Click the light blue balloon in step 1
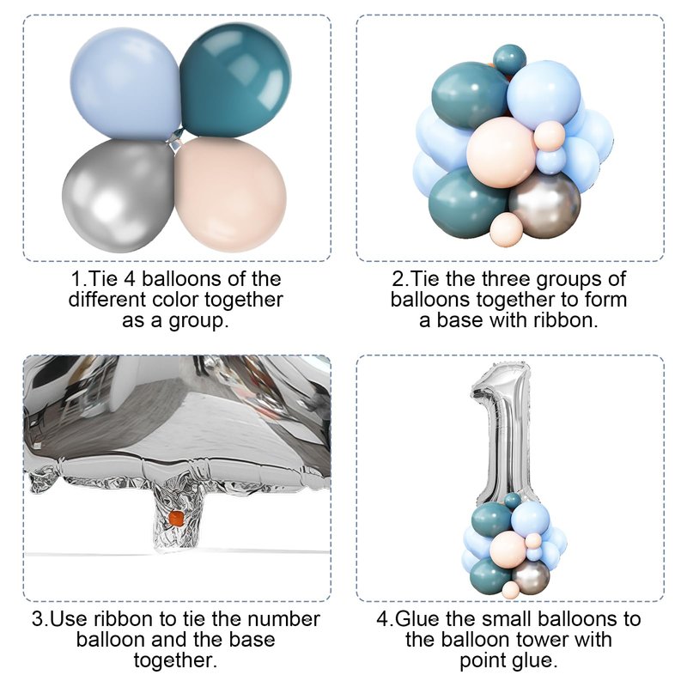coord(125,83)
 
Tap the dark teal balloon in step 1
coord(235,80)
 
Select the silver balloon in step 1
coord(119,196)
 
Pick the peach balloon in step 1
coord(230,194)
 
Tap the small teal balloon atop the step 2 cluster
coord(509,58)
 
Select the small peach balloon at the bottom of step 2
coord(506,229)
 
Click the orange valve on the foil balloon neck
coord(176,518)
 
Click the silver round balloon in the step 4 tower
coord(530,577)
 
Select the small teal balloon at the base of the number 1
coord(512,501)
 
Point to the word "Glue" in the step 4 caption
coord(416,619)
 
